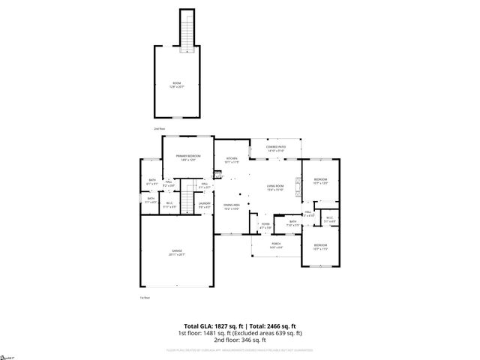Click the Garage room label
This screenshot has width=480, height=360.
pyautogui.click(x=178, y=253)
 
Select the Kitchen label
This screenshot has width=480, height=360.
pyautogui.click(x=232, y=160)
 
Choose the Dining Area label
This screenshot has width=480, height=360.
pyautogui.click(x=231, y=206)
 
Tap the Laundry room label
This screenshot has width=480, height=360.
pyautogui.click(x=204, y=205)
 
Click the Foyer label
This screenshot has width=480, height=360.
pyautogui.click(x=265, y=226)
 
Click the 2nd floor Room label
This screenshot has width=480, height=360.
pyautogui.click(x=177, y=84)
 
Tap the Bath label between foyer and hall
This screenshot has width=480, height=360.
pyautogui.click(x=292, y=223)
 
